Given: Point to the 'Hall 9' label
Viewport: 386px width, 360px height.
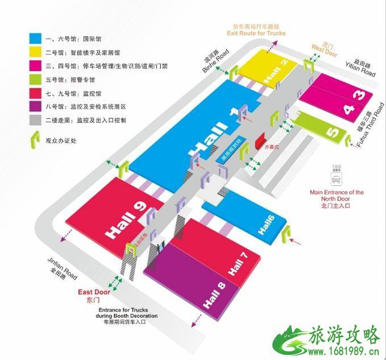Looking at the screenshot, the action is point(123,217).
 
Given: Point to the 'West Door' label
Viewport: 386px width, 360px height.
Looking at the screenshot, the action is point(325,49).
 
